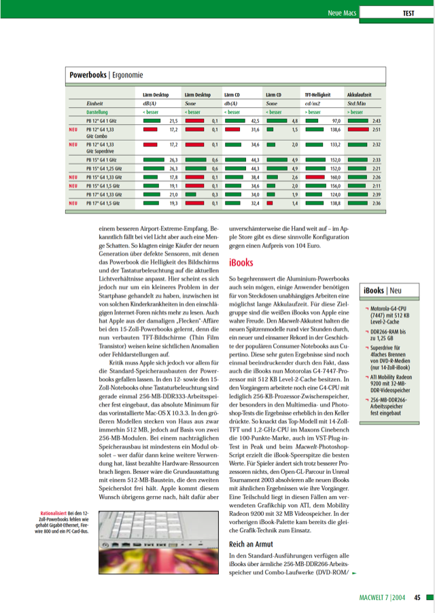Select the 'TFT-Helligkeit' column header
point(322,94)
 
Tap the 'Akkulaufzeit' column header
point(359,94)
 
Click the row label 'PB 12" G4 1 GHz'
point(101,120)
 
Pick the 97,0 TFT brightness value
point(335,120)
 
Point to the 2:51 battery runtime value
point(375,128)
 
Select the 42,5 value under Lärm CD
point(256,120)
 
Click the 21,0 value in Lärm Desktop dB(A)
point(173,194)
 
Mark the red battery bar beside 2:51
point(358,128)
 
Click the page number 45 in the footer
point(417,598)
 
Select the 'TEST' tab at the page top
point(408,13)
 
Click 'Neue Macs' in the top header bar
point(343,13)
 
